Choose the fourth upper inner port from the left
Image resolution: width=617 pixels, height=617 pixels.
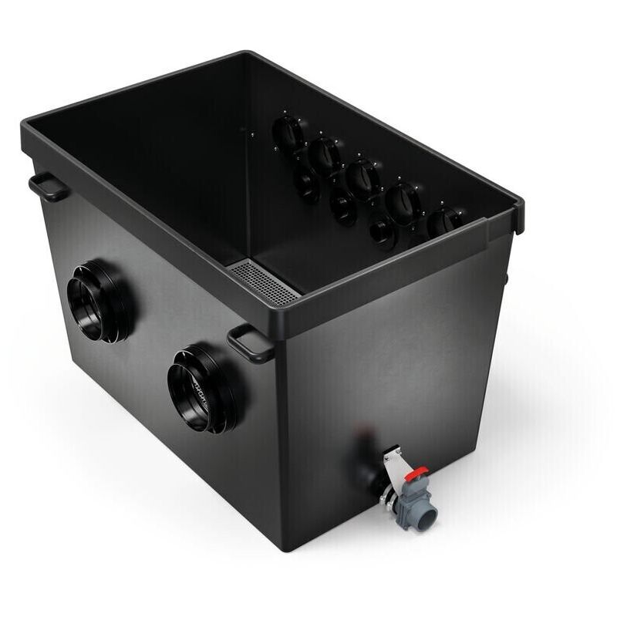403,202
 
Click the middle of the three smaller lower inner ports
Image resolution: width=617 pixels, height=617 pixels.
343,206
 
